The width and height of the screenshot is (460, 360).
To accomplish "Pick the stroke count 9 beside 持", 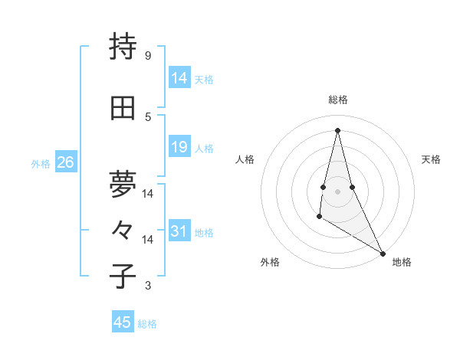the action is [147, 56].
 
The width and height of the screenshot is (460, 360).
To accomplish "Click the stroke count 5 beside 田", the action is [148, 116].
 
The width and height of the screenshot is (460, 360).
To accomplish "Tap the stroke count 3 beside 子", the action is [148, 286].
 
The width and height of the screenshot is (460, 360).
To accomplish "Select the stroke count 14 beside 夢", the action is [148, 193].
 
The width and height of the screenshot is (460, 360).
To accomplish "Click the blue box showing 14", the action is [179, 78].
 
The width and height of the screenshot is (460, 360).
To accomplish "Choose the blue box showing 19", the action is [179, 147].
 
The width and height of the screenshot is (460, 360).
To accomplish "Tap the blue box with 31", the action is [179, 231].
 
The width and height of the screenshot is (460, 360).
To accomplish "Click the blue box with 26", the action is [65, 162].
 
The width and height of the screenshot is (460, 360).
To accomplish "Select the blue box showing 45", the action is [123, 322].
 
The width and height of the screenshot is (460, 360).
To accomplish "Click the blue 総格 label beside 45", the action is [147, 324].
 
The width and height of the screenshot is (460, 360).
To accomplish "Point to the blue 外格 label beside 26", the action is [41, 163].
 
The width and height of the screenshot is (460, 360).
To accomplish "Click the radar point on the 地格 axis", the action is [383, 254].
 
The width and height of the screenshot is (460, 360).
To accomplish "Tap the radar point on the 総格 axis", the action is [337, 129].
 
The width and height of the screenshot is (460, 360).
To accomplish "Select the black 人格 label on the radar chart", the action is [245, 159].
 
